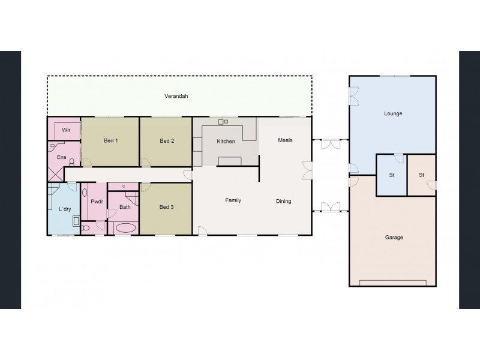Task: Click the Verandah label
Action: [176, 96]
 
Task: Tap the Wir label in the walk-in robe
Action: [66, 129]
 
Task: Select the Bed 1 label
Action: [110, 141]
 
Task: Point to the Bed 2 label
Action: [167, 141]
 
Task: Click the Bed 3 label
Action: [166, 207]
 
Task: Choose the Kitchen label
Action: [226, 142]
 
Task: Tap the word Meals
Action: [284, 140]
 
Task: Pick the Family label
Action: [233, 200]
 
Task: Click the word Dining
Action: [283, 202]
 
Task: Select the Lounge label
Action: [393, 113]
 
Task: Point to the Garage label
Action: [394, 238]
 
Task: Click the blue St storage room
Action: [391, 175]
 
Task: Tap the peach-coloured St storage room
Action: [422, 175]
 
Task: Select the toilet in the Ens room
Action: [72, 161]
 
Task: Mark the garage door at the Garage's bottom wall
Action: [393, 283]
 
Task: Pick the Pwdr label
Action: [97, 202]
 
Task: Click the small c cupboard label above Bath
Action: [124, 187]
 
